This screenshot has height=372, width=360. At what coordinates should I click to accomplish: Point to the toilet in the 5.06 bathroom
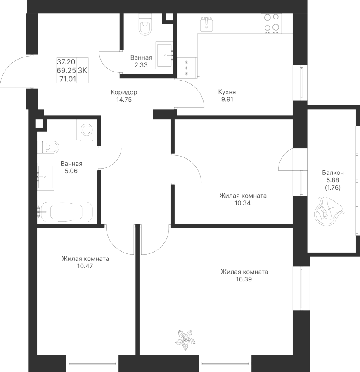49,147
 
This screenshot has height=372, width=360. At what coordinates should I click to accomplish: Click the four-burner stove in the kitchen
271,23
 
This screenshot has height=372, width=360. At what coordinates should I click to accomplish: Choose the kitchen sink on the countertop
206,24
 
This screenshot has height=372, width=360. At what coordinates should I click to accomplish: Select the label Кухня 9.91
227,96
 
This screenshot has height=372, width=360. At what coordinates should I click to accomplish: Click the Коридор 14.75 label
124,96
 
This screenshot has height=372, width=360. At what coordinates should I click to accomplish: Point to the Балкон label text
332,173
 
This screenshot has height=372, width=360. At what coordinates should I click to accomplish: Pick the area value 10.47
85,266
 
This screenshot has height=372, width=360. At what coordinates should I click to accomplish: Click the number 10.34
242,203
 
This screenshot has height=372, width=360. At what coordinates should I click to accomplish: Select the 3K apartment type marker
83,70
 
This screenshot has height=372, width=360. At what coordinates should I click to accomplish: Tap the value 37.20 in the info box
66,62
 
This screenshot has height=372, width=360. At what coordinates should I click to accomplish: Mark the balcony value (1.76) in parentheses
332,187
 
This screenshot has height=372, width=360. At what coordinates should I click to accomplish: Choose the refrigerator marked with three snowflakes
186,67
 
